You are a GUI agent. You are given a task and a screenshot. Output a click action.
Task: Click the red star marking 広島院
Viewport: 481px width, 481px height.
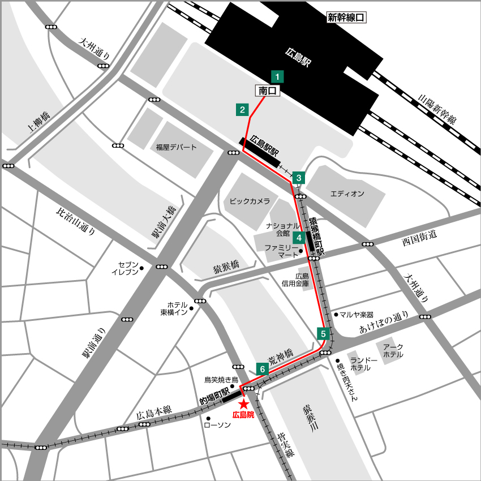(x=243, y=404)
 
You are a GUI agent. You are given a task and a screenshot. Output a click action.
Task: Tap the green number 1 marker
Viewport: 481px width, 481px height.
(x=277, y=76)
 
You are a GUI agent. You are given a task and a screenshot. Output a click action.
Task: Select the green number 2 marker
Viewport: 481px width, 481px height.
(x=242, y=110)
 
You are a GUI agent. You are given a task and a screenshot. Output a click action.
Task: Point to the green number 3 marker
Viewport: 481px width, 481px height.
(x=299, y=177)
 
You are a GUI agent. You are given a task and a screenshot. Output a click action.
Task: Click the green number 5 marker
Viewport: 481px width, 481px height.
(x=323, y=333)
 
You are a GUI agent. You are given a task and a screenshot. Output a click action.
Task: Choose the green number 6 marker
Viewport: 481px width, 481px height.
(x=262, y=368)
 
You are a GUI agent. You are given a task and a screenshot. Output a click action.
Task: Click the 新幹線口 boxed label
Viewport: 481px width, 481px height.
(x=346, y=18)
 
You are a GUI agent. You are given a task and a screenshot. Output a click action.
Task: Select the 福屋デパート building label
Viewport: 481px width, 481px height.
(x=177, y=147)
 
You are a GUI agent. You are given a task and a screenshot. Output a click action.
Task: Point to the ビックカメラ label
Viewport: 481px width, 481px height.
(x=250, y=201)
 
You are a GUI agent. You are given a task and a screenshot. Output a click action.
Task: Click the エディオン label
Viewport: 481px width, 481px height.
(x=347, y=194)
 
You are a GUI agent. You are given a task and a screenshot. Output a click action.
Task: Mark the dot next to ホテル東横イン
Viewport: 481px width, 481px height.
(x=191, y=308)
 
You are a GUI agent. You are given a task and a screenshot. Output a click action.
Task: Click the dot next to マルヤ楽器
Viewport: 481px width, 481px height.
(x=336, y=314)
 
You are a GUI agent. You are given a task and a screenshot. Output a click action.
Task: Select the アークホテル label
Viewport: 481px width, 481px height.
(x=393, y=351)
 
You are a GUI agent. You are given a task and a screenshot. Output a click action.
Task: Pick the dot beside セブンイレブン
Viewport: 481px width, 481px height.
(x=141, y=268)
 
